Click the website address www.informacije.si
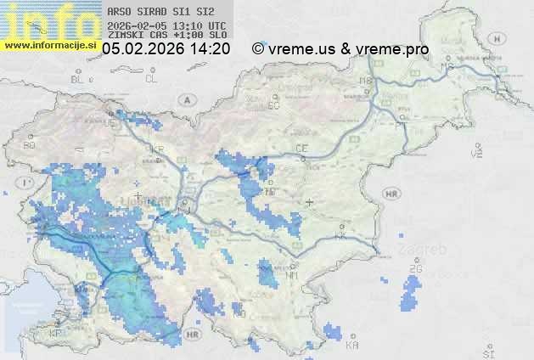coord(50,45)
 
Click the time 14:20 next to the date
coord(211,49)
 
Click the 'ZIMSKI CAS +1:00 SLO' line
coord(167,36)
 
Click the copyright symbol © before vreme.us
coord(258,49)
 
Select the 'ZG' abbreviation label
coord(415,269)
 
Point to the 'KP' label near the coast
coord(56,334)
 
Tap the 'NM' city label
coord(292,276)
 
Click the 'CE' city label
coord(301,149)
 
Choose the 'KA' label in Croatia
coord(351,345)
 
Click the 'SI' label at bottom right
coord(487,351)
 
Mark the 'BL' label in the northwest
coord(79,79)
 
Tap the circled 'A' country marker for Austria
coord(185,99)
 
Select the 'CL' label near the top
coord(152,79)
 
